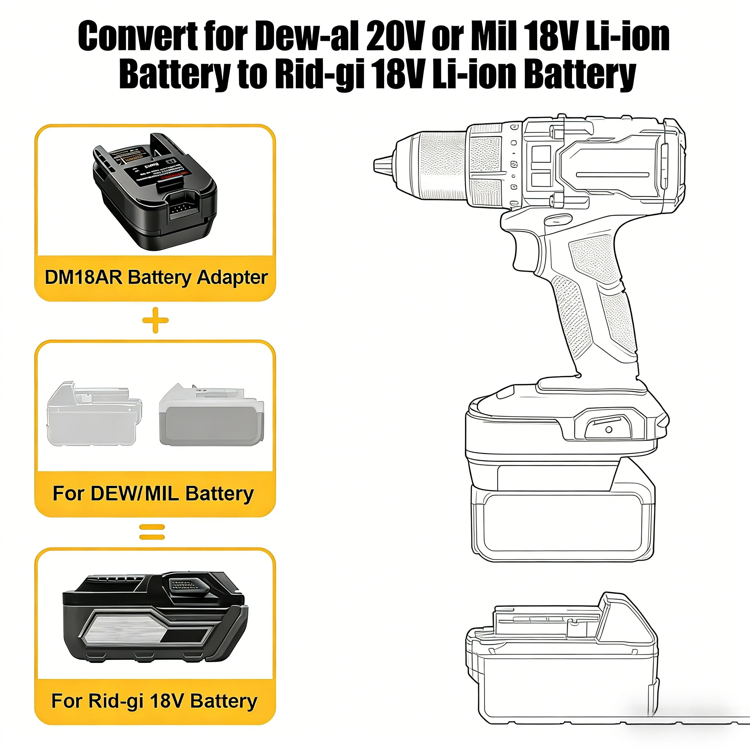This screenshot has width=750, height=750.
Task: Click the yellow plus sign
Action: (155, 320)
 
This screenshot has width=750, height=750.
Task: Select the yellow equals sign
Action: (152, 532)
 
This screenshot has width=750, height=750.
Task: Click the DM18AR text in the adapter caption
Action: (83, 278)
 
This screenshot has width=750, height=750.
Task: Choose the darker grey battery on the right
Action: (212, 415)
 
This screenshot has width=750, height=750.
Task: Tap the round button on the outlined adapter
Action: (609, 429)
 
